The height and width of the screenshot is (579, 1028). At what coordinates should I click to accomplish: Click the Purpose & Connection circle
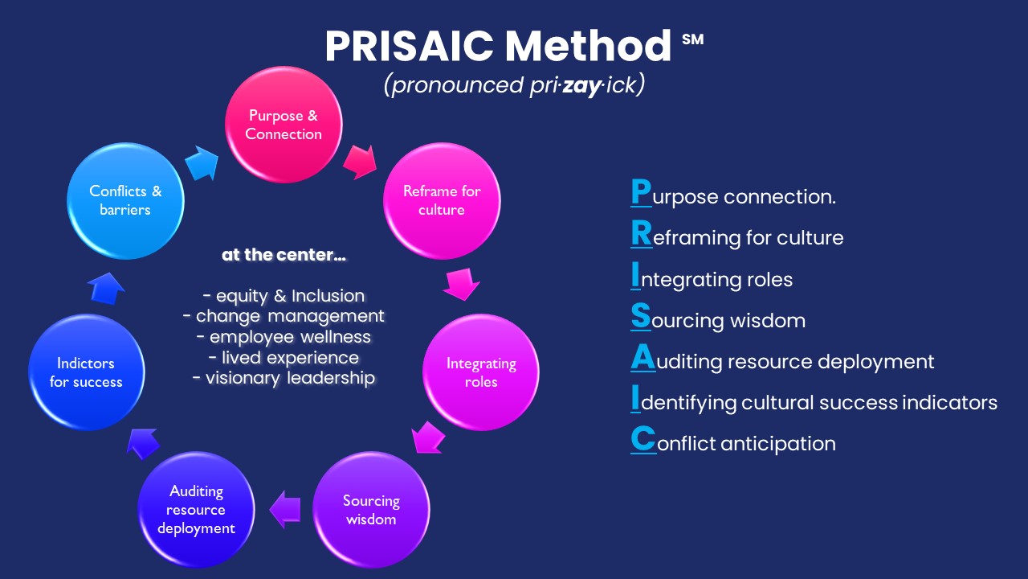point(284,125)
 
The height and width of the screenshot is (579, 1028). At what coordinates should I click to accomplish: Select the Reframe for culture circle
point(442,201)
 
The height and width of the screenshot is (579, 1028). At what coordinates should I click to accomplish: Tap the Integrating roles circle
point(481,372)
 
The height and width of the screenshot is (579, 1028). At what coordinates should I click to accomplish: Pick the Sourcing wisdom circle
point(371,510)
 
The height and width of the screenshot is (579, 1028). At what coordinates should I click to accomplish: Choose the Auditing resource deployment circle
point(196,510)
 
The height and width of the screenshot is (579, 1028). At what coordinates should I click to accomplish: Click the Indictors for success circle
point(86,372)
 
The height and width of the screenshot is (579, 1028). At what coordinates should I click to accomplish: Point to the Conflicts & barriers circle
point(125,201)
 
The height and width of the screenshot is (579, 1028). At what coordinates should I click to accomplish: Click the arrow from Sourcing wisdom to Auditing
point(285,510)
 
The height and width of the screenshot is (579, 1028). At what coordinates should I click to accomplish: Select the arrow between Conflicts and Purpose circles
point(202,163)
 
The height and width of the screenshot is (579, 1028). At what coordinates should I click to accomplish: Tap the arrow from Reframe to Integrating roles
point(461,284)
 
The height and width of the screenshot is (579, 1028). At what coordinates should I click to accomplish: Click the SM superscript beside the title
point(692,39)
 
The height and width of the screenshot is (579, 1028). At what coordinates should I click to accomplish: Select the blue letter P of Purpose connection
point(641,192)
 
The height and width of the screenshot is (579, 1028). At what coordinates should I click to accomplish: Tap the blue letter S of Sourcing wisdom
point(641,316)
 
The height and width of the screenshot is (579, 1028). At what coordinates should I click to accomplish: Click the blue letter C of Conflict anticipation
point(643,439)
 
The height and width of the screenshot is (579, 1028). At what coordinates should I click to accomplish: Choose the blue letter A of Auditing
point(642,357)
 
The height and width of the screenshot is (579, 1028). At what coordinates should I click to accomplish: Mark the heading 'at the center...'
point(284,255)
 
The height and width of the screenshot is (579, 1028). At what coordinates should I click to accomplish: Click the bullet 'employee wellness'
point(284,337)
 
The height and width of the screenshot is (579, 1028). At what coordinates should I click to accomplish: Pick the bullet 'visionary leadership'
point(284,378)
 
